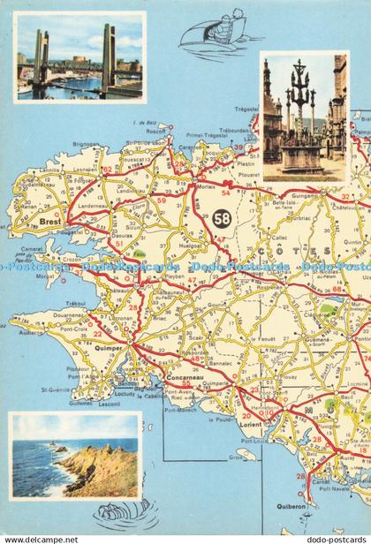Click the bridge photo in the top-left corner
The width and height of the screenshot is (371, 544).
coord(79,57)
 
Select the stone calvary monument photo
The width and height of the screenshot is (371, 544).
coord(303,115)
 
